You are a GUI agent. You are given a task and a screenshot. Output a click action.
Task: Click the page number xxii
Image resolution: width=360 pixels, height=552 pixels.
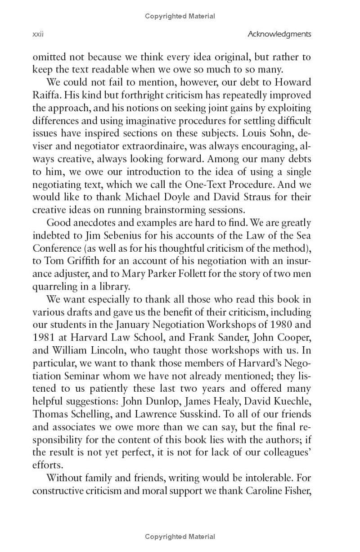click(x=38, y=34)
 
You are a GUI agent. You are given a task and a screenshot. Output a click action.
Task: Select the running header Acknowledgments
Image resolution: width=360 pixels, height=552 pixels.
click(x=279, y=34)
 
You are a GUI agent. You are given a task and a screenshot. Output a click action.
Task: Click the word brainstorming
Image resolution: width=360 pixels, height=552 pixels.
click(x=173, y=210)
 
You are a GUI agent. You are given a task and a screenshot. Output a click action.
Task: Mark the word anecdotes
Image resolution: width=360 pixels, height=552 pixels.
click(x=94, y=223)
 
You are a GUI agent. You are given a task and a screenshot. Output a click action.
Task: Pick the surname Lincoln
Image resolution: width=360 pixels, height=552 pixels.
click(x=103, y=350)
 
